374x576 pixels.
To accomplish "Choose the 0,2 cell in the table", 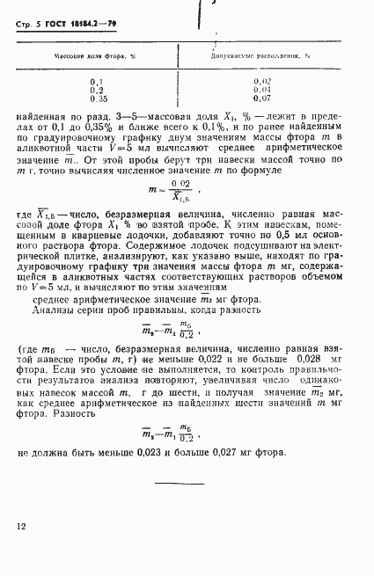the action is [x=97, y=90].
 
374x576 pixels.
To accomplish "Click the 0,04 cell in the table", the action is [x=262, y=90].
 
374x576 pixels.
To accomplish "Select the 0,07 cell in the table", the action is [x=262, y=98].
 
